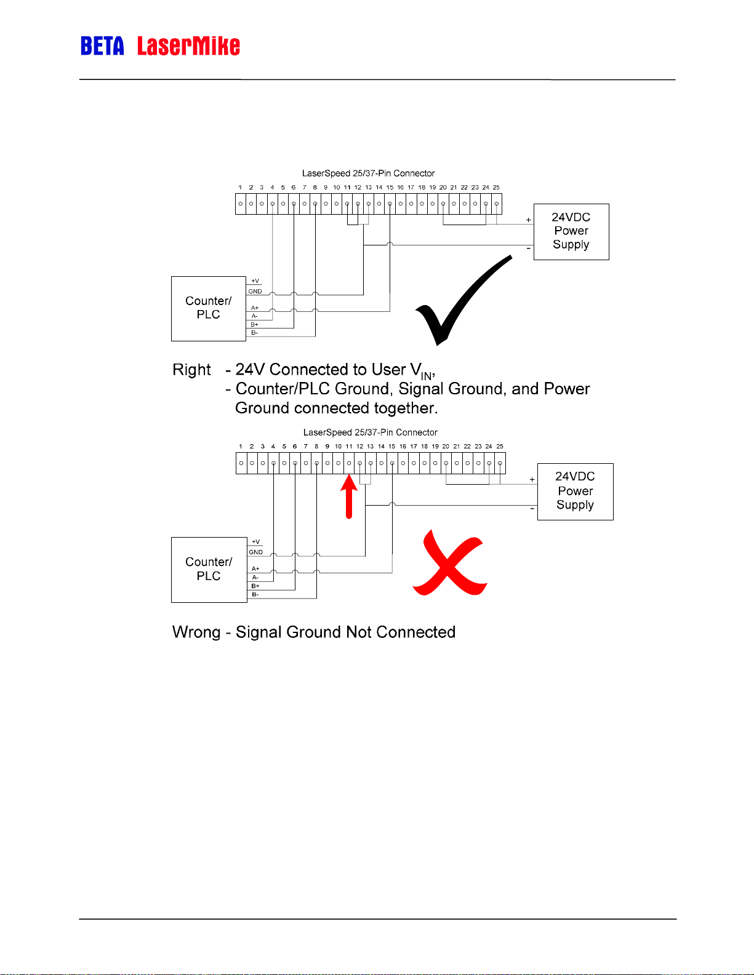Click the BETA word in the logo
102,46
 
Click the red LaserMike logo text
188,46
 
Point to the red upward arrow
349,498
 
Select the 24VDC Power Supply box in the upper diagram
571,231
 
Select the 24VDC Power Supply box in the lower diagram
575,491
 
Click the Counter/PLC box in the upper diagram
208,308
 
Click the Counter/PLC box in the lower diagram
209,569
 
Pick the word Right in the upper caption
191,370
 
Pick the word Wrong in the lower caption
196,632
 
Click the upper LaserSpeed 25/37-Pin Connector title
368,173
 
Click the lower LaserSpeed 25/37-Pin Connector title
370,432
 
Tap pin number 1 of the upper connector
240,188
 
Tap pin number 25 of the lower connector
500,447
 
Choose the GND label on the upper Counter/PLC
255,292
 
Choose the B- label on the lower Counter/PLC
255,595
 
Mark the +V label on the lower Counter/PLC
255,542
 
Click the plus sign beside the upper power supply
528,220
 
